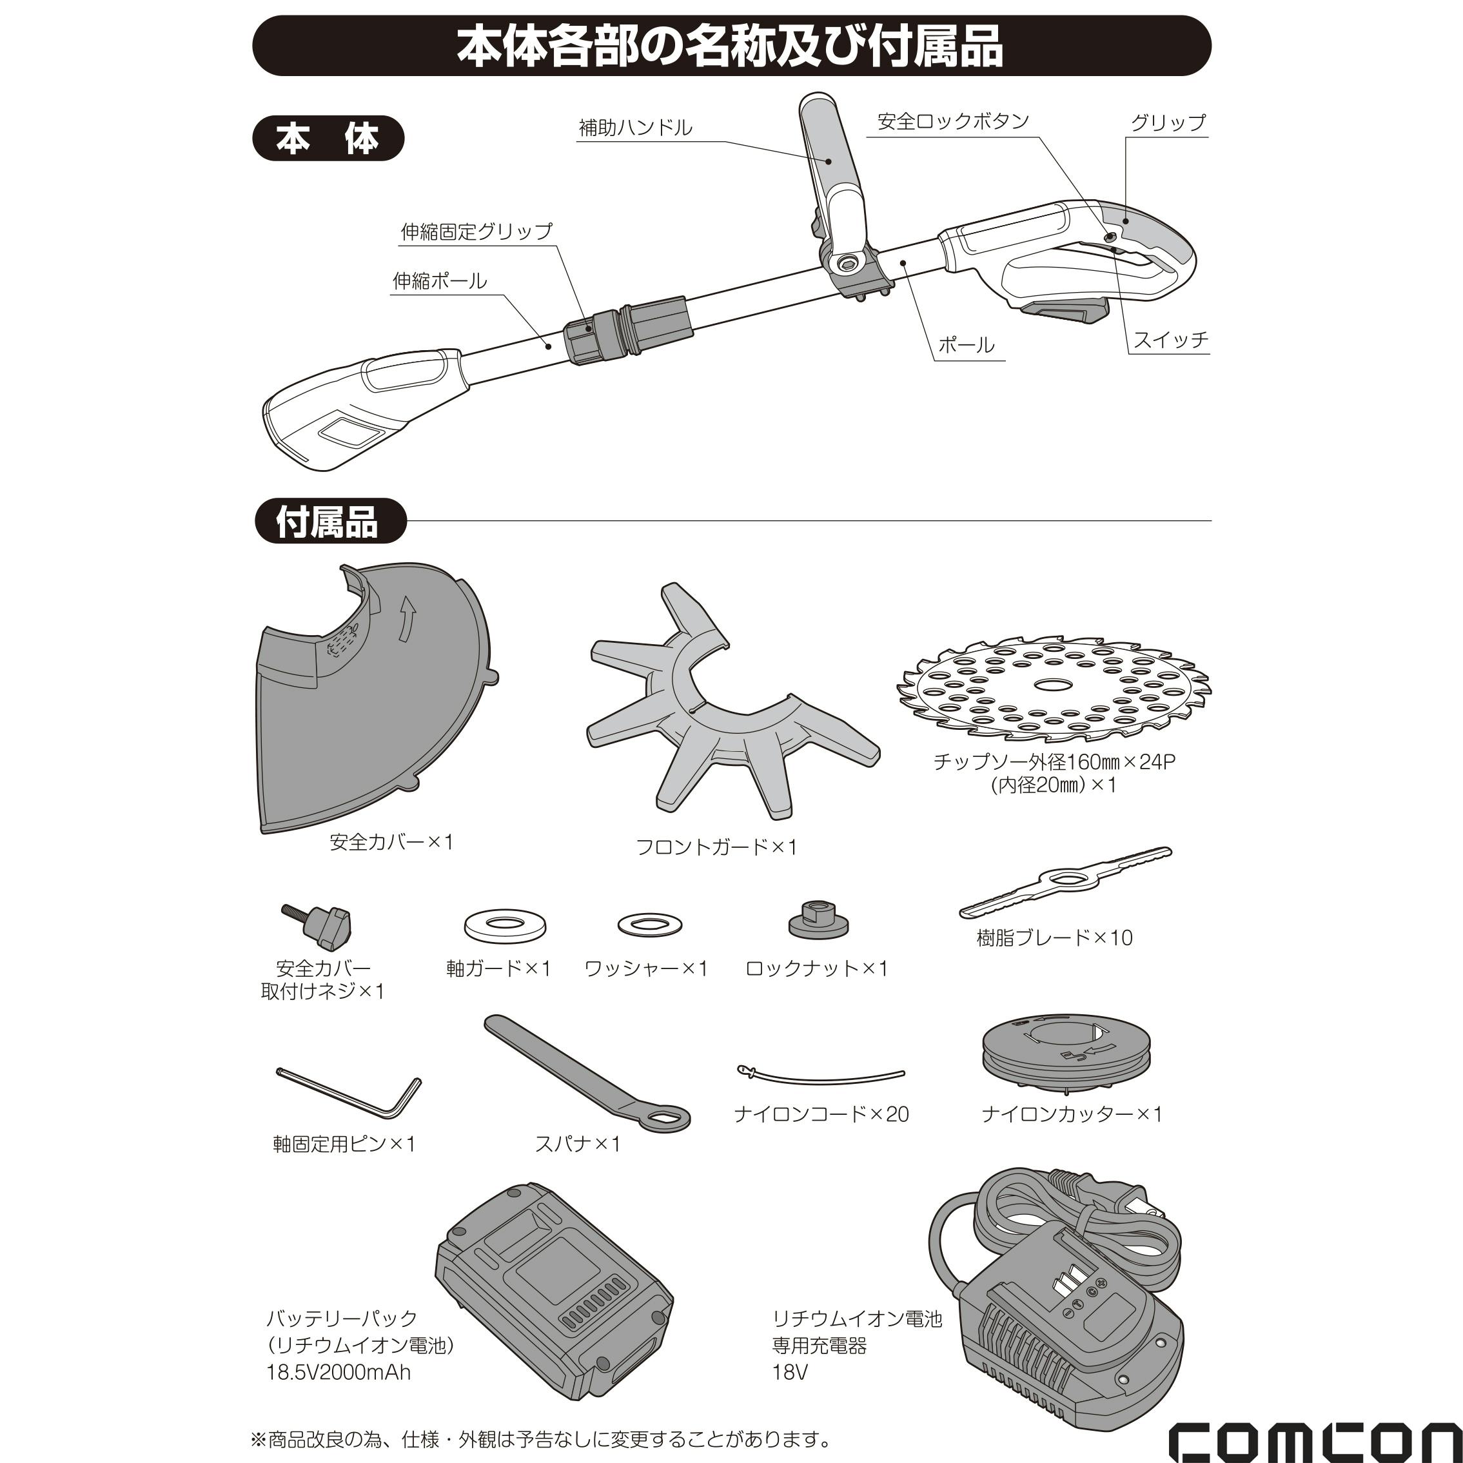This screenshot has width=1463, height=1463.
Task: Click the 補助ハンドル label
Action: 635,127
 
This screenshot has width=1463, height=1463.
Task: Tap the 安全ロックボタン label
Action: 954,121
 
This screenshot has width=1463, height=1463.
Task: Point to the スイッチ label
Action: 1170,339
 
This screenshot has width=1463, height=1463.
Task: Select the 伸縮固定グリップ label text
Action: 477,231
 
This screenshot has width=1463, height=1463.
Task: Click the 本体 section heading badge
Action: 328,138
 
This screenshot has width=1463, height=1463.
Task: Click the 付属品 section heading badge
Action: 330,521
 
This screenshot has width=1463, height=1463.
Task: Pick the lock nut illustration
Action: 817,919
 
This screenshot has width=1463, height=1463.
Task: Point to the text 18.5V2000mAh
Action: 339,1371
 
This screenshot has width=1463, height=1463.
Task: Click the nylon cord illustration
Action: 821,1073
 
